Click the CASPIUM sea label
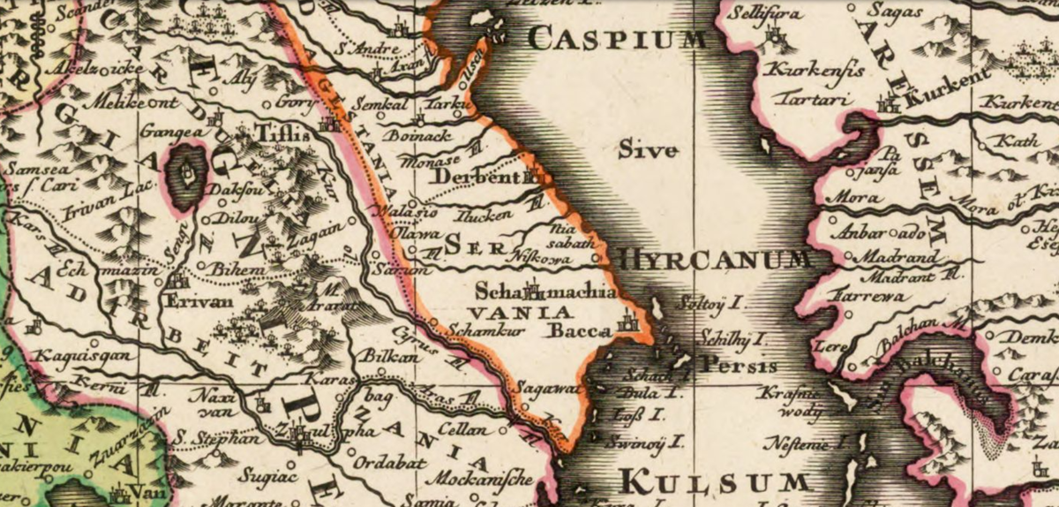coord(620,38)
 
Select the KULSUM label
coord(715,482)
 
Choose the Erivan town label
coord(197,300)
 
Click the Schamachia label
coord(545,290)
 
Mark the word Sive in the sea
coord(648,150)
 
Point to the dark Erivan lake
coord(186,176)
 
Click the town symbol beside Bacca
coord(628,322)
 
